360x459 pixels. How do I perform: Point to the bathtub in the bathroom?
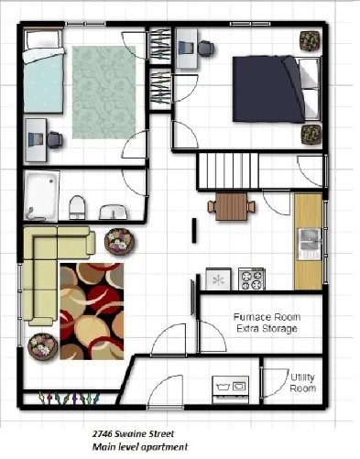42,196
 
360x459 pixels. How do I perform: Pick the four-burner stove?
251,278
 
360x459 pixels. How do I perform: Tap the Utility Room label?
304,383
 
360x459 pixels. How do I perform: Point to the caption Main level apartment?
138,447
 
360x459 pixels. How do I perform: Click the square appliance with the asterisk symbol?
218,278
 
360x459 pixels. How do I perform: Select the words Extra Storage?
265,328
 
